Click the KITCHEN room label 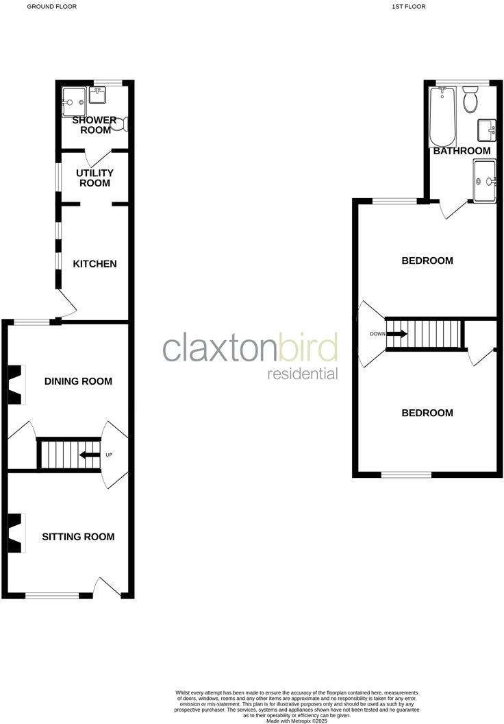(95, 264)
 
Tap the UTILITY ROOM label (95, 178)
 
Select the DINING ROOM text (78, 381)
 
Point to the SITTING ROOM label (78, 537)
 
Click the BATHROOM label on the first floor (462, 151)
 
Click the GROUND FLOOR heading (51, 6)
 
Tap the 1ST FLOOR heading (409, 6)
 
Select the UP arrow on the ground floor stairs (89, 455)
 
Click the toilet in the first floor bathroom (470, 100)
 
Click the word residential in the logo (302, 374)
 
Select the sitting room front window (52, 595)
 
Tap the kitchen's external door (65, 302)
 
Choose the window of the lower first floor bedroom (406, 474)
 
